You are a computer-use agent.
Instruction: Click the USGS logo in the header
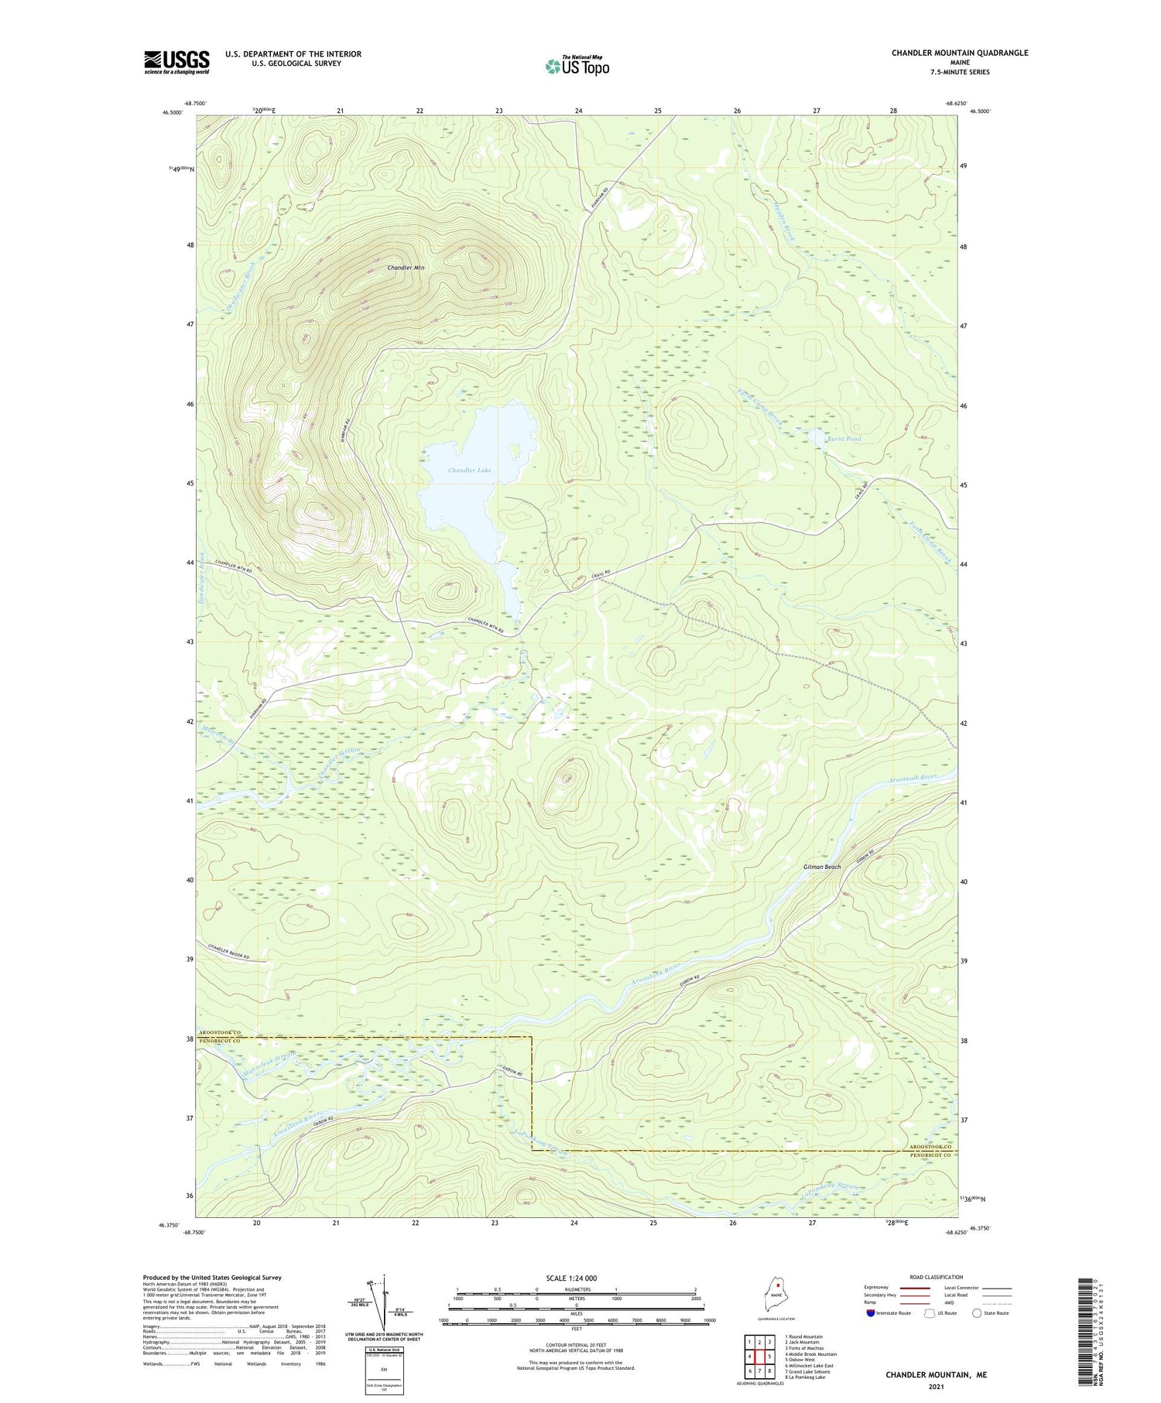(176, 62)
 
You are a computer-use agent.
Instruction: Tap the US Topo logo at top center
(577, 66)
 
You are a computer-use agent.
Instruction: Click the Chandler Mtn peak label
(406, 268)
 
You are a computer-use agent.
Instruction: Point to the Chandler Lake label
(469, 471)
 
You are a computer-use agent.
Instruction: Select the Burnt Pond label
(844, 439)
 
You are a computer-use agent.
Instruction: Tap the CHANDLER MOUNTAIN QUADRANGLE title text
(959, 53)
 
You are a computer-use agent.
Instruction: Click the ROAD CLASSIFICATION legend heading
(937, 1277)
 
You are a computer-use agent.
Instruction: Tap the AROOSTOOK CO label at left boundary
(220, 1033)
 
